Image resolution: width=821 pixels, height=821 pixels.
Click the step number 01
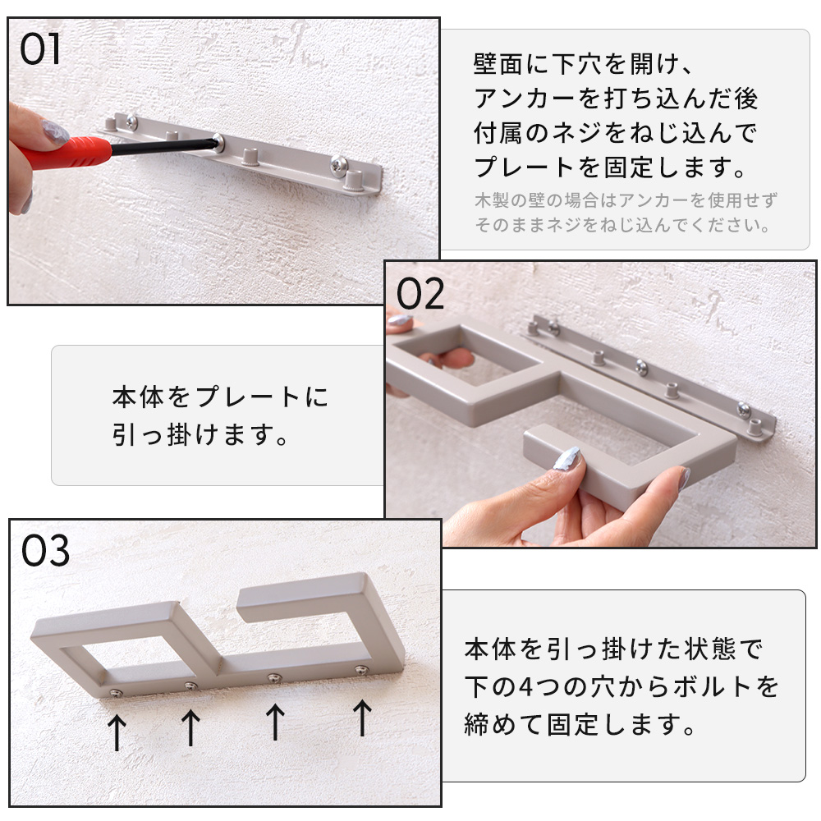39,50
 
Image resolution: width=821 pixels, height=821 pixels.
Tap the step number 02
420,294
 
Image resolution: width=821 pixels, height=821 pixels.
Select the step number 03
45,551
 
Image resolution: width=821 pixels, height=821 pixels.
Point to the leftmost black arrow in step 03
117,732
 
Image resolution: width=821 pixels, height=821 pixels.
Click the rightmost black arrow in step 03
362,718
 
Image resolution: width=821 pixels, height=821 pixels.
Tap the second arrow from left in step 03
190,727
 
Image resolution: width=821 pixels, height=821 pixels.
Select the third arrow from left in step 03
275,722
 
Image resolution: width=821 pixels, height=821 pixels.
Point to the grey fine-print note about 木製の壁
625,213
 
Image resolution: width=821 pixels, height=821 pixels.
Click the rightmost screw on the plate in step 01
338,164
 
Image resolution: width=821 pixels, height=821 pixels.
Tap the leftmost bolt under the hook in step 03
115,693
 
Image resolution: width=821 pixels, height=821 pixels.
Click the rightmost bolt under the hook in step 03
361,669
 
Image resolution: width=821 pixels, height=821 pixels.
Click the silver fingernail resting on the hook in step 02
566,459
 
